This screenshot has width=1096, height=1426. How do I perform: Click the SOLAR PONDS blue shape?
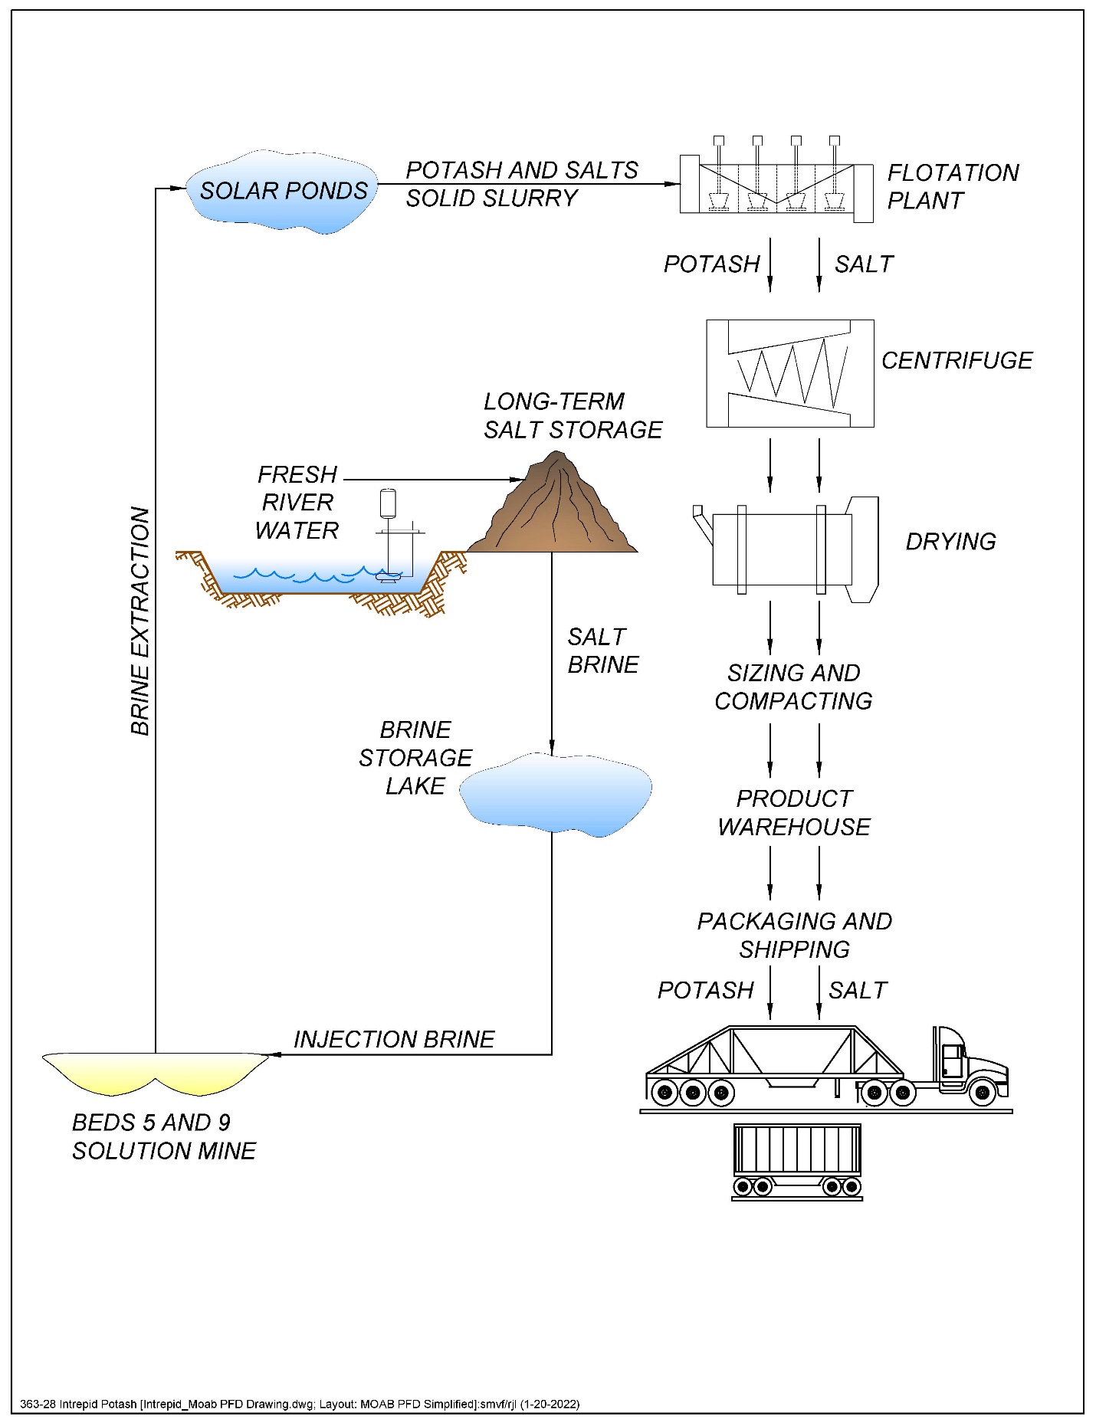pos(282,192)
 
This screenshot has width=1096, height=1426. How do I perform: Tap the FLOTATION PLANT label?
pos(952,186)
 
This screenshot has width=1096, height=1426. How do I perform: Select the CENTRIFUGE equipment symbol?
pos(789,373)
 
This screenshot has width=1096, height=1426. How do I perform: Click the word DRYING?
pos(950,542)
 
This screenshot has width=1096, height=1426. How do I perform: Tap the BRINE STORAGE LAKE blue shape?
pos(556,794)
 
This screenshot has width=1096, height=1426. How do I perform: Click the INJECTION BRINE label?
pos(394,1039)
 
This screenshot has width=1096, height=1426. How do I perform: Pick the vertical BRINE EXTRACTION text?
pos(140,621)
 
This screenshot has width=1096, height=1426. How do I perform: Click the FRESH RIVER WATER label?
pos(297,503)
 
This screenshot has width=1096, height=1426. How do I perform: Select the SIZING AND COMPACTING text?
pos(793,687)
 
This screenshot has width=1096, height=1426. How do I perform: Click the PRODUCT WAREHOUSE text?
pos(794,812)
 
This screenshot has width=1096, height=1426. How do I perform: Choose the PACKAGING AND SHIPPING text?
pos(794,935)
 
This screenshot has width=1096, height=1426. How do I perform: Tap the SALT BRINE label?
pos(602,651)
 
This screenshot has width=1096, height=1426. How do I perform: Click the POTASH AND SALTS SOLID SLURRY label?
pos(521,184)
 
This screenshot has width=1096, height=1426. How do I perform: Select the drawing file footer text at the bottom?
pos(300,1404)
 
